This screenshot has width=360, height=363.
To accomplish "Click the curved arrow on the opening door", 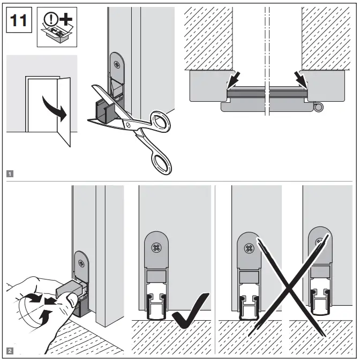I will pos(55,109).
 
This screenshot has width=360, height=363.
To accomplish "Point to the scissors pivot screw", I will pos(127,124).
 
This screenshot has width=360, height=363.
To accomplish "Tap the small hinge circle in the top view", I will pos(320,109).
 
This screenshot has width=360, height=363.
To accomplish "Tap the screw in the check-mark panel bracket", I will pos(157,248).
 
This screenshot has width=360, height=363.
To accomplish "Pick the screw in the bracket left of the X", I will pos(249,248).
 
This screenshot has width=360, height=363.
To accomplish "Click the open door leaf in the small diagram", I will pos(63,110).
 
